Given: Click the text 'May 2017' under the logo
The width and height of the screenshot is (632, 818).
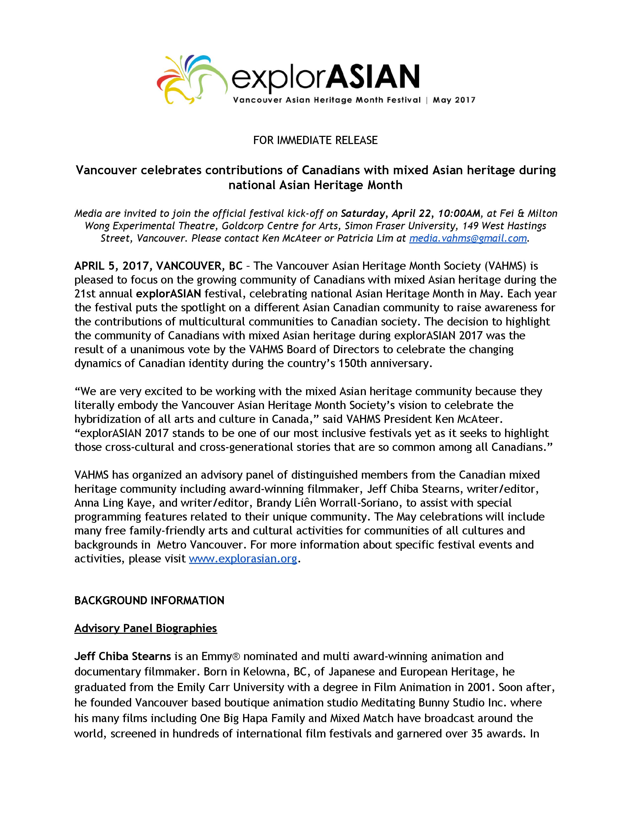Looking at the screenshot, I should (454, 100).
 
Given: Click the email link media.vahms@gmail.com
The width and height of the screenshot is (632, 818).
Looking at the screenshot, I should (468, 238).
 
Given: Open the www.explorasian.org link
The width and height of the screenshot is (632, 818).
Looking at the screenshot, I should (243, 558).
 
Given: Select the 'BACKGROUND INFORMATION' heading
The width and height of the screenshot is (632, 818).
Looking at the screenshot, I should (149, 600).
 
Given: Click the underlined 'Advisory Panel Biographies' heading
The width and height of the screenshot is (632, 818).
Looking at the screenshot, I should (146, 628).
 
